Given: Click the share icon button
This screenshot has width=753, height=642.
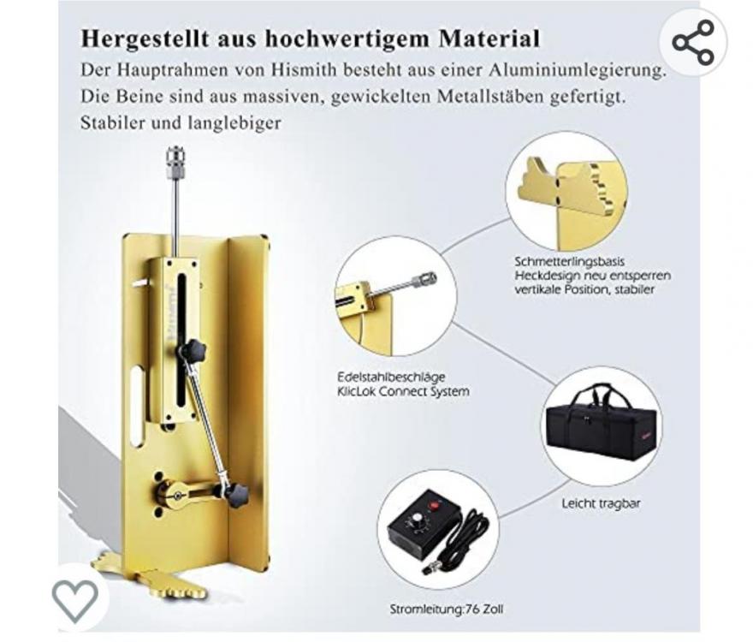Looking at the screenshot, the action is click(x=693, y=42).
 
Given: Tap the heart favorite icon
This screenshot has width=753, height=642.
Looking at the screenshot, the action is click(x=75, y=600).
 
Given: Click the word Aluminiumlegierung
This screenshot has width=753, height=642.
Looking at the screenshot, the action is click(x=578, y=71).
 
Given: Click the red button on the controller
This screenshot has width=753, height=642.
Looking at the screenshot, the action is click(x=436, y=505).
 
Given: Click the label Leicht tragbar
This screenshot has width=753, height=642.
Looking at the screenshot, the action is click(x=601, y=503).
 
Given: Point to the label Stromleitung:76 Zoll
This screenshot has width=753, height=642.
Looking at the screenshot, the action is click(x=446, y=609).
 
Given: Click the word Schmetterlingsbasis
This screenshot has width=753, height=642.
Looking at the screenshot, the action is click(x=570, y=262).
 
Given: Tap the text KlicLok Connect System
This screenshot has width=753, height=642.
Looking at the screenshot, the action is click(x=403, y=392).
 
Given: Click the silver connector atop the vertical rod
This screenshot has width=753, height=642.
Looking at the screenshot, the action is click(x=175, y=161).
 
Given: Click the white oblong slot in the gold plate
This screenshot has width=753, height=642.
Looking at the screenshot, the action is click(x=138, y=405).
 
